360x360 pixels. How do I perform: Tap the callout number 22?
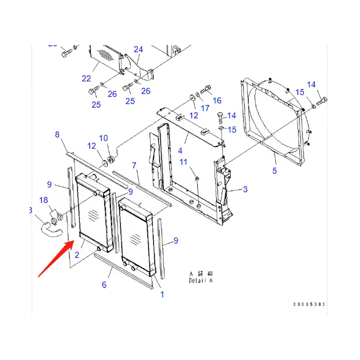click(86, 78)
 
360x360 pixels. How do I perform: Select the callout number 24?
click(138, 49)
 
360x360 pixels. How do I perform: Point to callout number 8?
click(57, 134)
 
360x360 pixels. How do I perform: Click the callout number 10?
click(104, 138)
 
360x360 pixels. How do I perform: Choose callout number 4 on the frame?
click(180, 151)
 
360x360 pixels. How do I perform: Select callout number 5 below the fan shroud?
click(274, 171)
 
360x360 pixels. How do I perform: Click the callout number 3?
click(245, 189)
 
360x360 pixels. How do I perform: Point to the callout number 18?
click(43, 200)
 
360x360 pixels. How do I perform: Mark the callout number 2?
click(77, 255)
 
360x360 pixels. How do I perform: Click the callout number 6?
click(104, 284)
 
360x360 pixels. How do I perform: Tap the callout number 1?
click(162, 295)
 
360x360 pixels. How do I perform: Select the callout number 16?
click(217, 100)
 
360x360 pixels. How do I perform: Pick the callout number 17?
click(205, 108)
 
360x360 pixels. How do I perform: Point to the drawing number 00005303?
click(309, 305)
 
